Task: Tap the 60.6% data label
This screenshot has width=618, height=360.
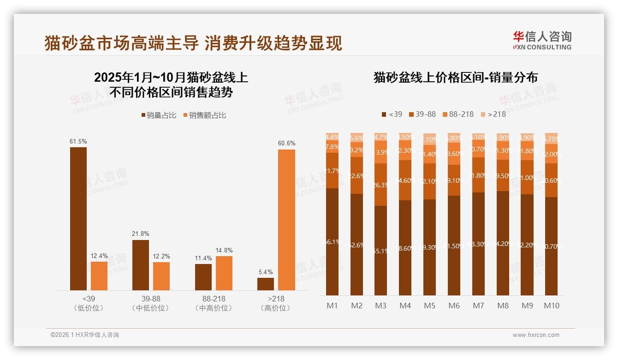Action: (286, 144)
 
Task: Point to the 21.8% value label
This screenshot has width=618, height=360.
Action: (141, 234)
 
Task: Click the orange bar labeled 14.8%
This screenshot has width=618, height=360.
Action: (224, 273)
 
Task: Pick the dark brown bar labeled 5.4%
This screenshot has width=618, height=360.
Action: (266, 284)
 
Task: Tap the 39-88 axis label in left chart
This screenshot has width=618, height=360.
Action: (141, 299)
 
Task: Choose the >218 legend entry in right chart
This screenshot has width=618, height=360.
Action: (493, 114)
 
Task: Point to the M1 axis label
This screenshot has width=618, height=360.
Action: (332, 306)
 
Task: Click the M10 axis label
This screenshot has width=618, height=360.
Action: (551, 306)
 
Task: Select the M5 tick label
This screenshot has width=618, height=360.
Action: (429, 306)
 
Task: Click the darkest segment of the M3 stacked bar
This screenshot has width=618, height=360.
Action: (381, 251)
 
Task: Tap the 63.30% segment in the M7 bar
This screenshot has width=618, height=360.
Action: (478, 244)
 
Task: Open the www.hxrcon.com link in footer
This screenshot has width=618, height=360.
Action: (536, 335)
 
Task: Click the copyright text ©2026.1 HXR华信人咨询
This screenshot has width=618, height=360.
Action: (85, 335)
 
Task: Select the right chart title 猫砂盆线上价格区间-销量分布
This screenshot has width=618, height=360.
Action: (455, 78)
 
